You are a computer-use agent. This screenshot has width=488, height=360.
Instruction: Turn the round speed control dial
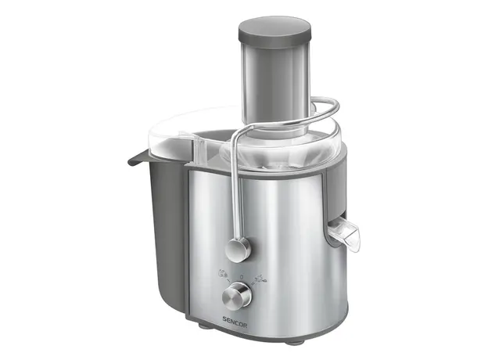236,296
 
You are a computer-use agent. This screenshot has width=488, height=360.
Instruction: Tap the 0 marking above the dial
241,276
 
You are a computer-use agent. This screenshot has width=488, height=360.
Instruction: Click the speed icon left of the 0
223,274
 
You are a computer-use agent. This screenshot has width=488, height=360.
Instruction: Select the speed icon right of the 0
260,278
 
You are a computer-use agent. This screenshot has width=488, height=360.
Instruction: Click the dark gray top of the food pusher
274,31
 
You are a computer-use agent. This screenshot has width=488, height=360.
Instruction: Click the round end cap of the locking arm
238,250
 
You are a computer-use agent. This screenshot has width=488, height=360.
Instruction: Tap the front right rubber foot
294,342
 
